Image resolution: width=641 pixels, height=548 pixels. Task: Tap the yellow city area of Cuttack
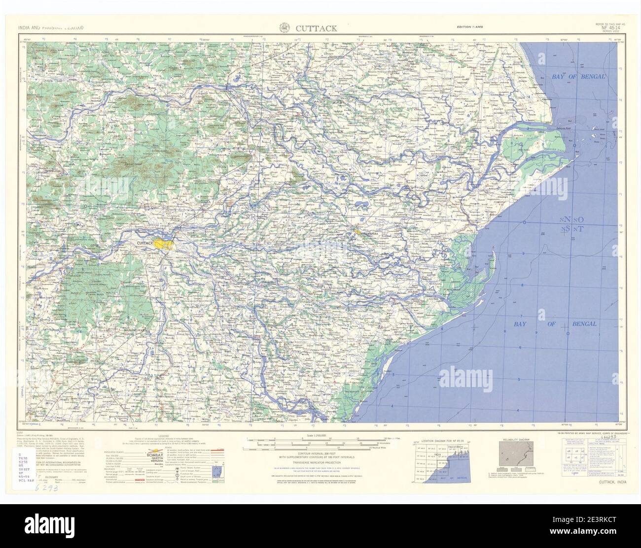pyautogui.click(x=163, y=243)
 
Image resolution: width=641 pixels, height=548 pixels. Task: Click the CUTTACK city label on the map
pyautogui.click(x=143, y=243)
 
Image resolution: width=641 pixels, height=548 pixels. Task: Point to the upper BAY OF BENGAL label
pyautogui.click(x=579, y=76)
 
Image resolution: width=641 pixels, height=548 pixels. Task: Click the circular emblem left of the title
pyautogui.click(x=285, y=28)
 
